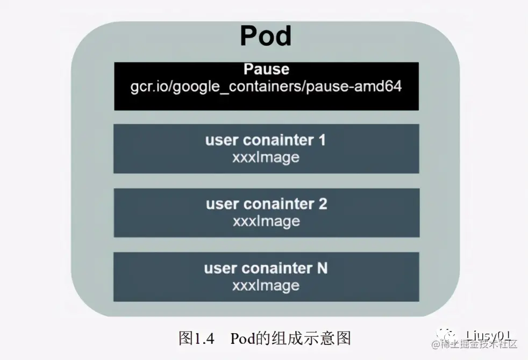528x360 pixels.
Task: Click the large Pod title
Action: point(266,37)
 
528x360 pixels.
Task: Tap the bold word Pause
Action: point(266,70)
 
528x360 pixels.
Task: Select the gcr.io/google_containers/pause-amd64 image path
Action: point(266,87)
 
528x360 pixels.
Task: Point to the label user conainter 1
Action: point(266,141)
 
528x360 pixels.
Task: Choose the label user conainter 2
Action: point(266,204)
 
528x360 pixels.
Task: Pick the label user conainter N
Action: point(266,268)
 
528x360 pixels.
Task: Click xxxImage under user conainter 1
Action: point(266,157)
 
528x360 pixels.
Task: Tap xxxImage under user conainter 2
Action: point(266,221)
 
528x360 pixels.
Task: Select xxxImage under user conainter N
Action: point(266,285)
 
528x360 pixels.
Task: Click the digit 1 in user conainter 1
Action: point(322,141)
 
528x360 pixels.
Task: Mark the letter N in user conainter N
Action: point(322,268)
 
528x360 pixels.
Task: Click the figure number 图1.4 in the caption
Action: point(196,339)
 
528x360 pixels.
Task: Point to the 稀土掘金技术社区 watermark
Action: point(479,345)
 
